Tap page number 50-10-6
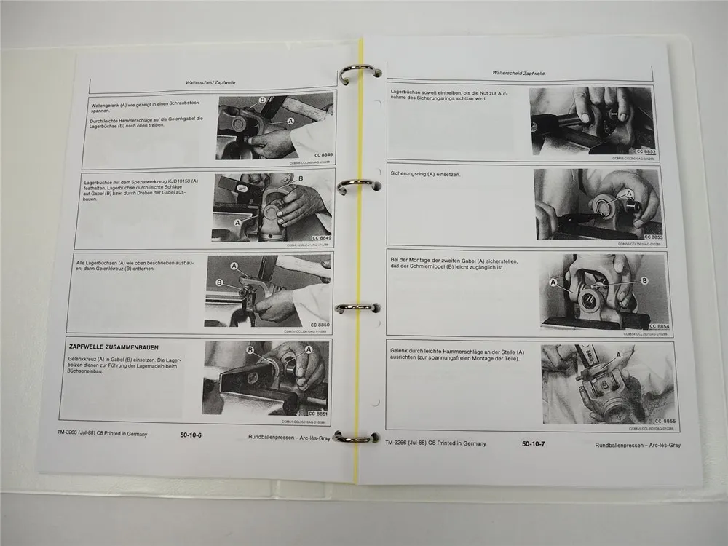191,435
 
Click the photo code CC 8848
320,154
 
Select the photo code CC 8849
316,238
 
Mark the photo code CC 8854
659,327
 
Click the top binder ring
359,74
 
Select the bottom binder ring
356,438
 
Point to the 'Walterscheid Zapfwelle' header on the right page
519,73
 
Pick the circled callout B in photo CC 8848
261,99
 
